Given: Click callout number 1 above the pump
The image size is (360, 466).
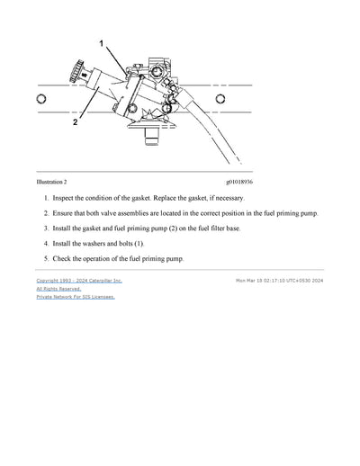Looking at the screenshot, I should pos(101,43).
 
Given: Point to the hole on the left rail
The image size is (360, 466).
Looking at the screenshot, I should pos(40,99).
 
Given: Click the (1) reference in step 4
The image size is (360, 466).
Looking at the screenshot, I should pos(139,244).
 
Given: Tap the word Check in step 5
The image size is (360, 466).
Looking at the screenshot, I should pos(64,259).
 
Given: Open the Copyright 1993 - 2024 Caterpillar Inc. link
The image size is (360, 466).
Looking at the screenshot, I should pos(79,281).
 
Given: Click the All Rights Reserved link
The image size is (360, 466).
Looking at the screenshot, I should pos(58,289).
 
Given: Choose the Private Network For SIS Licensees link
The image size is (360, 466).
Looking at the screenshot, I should pos(76,297).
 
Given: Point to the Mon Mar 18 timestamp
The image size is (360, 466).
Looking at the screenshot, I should pos(279,281).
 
